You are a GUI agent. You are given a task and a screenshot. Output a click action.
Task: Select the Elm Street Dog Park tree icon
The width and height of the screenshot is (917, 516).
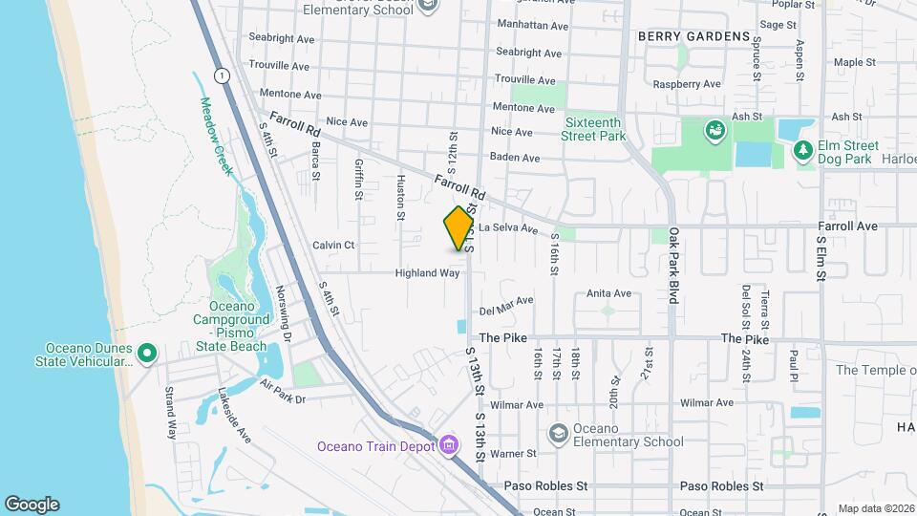click(803, 150)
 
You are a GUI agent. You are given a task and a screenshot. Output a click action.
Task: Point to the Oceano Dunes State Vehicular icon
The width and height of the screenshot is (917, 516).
click(146, 355)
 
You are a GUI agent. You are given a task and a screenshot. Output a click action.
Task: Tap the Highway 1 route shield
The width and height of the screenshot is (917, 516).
click(222, 75)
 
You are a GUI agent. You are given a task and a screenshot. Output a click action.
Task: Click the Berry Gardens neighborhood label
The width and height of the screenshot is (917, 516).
click(693, 36)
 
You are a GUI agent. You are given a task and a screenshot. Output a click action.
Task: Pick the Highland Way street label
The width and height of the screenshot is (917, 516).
click(428, 273)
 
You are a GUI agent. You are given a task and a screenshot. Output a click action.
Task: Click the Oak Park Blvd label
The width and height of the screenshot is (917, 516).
click(673, 265)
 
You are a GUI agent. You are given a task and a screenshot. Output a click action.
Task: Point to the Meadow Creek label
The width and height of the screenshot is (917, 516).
click(216, 136)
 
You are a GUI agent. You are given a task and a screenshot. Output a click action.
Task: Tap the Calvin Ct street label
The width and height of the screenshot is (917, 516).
click(333, 246)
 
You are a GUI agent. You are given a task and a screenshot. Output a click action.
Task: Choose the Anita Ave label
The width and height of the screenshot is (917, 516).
click(609, 293)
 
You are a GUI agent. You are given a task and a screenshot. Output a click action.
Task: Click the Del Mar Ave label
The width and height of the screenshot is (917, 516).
click(506, 306)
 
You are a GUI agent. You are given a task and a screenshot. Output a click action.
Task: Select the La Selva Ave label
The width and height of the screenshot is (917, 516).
click(508, 228)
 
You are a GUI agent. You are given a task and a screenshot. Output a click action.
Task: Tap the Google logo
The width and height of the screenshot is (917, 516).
click(32, 504)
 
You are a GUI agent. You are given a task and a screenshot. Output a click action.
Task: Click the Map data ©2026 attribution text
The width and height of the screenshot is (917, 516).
click(876, 508)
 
